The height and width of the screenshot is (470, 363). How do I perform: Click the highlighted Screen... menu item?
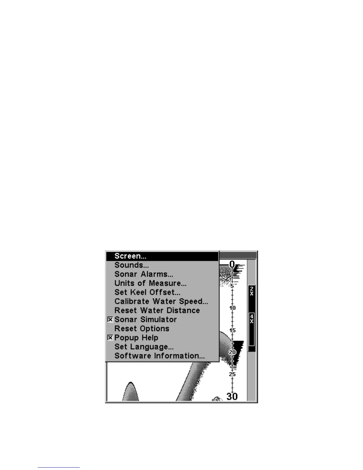click(x=130, y=256)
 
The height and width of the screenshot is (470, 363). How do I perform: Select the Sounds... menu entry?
click(x=132, y=265)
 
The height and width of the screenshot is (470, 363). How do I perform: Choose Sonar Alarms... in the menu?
click(x=144, y=274)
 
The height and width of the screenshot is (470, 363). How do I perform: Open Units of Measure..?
click(x=150, y=283)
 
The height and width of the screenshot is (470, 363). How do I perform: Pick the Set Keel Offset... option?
click(x=147, y=293)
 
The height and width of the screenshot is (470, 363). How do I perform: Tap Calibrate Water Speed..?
click(x=161, y=301)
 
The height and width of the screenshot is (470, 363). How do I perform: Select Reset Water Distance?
click(x=157, y=311)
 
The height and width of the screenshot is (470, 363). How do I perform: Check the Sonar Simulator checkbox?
click(x=110, y=320)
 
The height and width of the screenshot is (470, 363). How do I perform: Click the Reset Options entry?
click(x=142, y=329)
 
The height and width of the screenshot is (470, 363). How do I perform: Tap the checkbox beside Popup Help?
click(x=110, y=338)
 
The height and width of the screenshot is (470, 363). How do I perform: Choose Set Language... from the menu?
click(x=144, y=347)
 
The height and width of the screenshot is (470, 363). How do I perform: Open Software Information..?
click(x=160, y=356)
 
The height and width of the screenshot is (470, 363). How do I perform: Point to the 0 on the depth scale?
click(x=232, y=264)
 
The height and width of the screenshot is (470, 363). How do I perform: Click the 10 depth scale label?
click(x=232, y=308)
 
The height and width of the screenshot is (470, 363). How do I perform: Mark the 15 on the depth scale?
click(x=232, y=330)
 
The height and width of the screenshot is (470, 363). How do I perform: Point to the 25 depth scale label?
click(x=232, y=374)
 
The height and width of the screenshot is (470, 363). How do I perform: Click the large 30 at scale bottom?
click(x=232, y=396)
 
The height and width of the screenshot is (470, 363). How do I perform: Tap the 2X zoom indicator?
click(x=251, y=291)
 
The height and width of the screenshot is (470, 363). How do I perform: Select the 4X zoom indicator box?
click(x=251, y=319)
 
